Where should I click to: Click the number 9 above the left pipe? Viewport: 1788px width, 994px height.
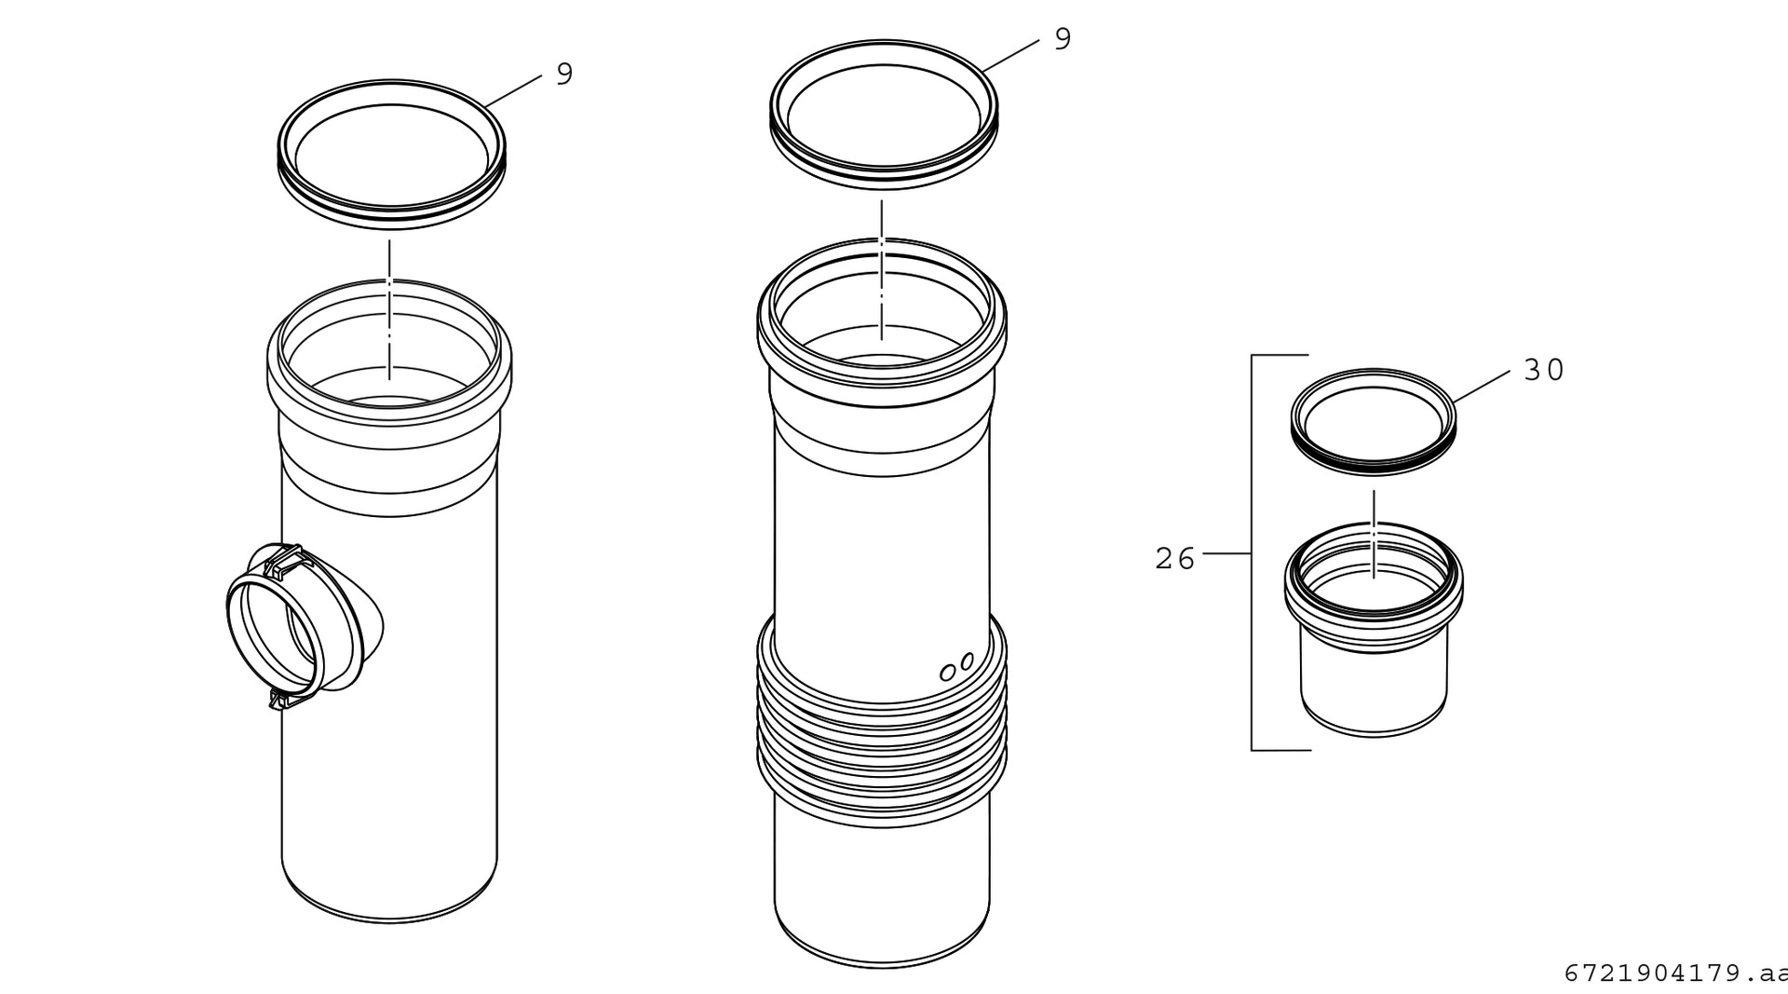click(x=564, y=74)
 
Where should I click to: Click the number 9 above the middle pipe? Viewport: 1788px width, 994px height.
click(x=1063, y=39)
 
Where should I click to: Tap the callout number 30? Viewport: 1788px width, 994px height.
click(x=1544, y=370)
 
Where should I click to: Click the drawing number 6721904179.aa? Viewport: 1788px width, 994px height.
click(x=1675, y=973)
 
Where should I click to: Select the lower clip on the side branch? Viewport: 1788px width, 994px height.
click(x=288, y=699)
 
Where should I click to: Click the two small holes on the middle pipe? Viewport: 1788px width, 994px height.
click(x=957, y=667)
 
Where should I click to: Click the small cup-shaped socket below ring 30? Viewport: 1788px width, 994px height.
click(x=1374, y=630)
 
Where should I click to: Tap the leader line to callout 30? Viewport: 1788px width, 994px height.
click(x=1482, y=388)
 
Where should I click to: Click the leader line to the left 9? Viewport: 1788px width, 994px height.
click(x=512, y=91)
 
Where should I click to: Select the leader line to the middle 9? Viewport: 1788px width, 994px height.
click(x=1009, y=55)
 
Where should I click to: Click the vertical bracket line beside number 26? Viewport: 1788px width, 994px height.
click(x=1252, y=552)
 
